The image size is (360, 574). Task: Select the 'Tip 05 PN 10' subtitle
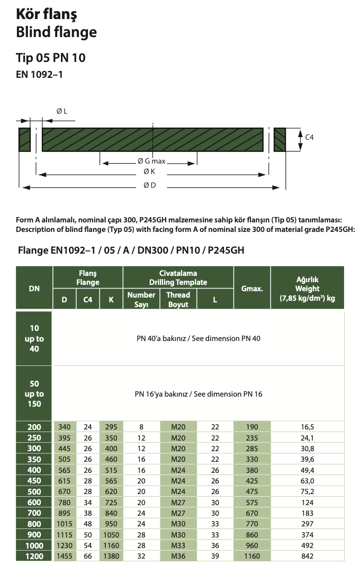click(x=51, y=58)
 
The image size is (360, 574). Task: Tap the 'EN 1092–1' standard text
click(x=40, y=75)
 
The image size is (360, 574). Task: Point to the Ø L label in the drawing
click(x=61, y=111)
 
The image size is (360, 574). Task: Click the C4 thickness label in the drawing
click(x=310, y=137)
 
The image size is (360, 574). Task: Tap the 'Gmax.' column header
click(x=252, y=289)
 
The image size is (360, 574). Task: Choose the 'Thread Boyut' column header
click(x=178, y=300)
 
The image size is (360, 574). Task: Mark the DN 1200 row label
click(x=34, y=557)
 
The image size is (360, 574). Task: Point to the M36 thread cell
click(x=178, y=557)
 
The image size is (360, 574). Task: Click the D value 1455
click(x=65, y=557)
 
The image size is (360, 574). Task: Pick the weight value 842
click(x=308, y=557)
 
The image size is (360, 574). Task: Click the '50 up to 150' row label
click(x=34, y=394)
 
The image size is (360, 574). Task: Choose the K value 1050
click(x=111, y=535)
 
